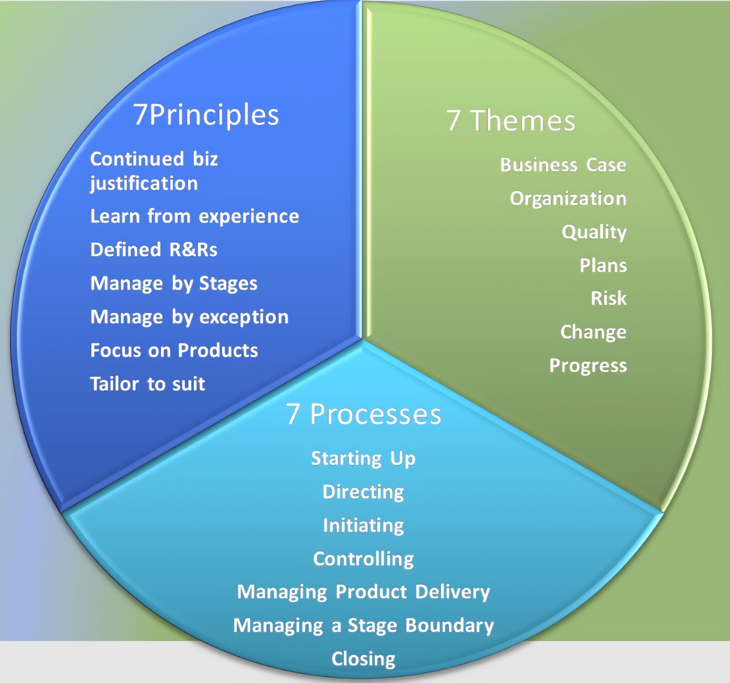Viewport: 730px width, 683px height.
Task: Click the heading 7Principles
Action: (206, 115)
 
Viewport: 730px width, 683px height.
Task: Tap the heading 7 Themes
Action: (511, 121)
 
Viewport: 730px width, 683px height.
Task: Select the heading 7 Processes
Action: (363, 414)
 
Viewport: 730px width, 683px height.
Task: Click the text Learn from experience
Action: (194, 216)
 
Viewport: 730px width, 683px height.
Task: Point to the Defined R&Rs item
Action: (153, 250)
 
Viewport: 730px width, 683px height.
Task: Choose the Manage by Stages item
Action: (174, 283)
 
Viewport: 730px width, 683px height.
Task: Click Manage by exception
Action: (189, 317)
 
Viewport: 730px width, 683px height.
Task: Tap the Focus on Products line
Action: (174, 350)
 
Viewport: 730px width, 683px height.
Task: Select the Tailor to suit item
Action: (147, 384)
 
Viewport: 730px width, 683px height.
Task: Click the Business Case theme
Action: (563, 164)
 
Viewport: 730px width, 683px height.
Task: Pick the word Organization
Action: (568, 198)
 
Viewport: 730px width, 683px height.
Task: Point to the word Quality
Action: (594, 232)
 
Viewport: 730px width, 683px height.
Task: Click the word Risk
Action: (608, 298)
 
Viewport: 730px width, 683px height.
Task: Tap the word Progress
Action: (588, 365)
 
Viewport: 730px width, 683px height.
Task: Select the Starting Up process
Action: (363, 458)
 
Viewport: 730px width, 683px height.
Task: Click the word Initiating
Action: (363, 525)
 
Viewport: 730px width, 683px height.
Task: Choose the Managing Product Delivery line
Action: (363, 592)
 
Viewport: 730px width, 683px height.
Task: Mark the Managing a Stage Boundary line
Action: (363, 625)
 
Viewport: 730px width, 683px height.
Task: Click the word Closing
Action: (363, 659)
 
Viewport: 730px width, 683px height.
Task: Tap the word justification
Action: (144, 183)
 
